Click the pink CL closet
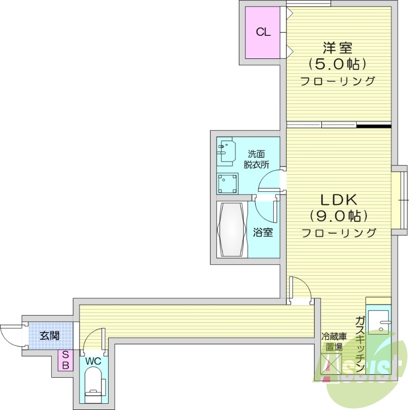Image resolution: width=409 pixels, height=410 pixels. click(263, 32)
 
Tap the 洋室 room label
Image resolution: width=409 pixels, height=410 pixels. click(337, 48)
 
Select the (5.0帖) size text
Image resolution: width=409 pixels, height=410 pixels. click(337, 65)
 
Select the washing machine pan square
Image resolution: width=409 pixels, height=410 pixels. click(227, 183)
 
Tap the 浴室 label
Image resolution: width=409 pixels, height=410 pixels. click(262, 232)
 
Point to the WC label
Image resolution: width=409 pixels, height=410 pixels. click(93, 361)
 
